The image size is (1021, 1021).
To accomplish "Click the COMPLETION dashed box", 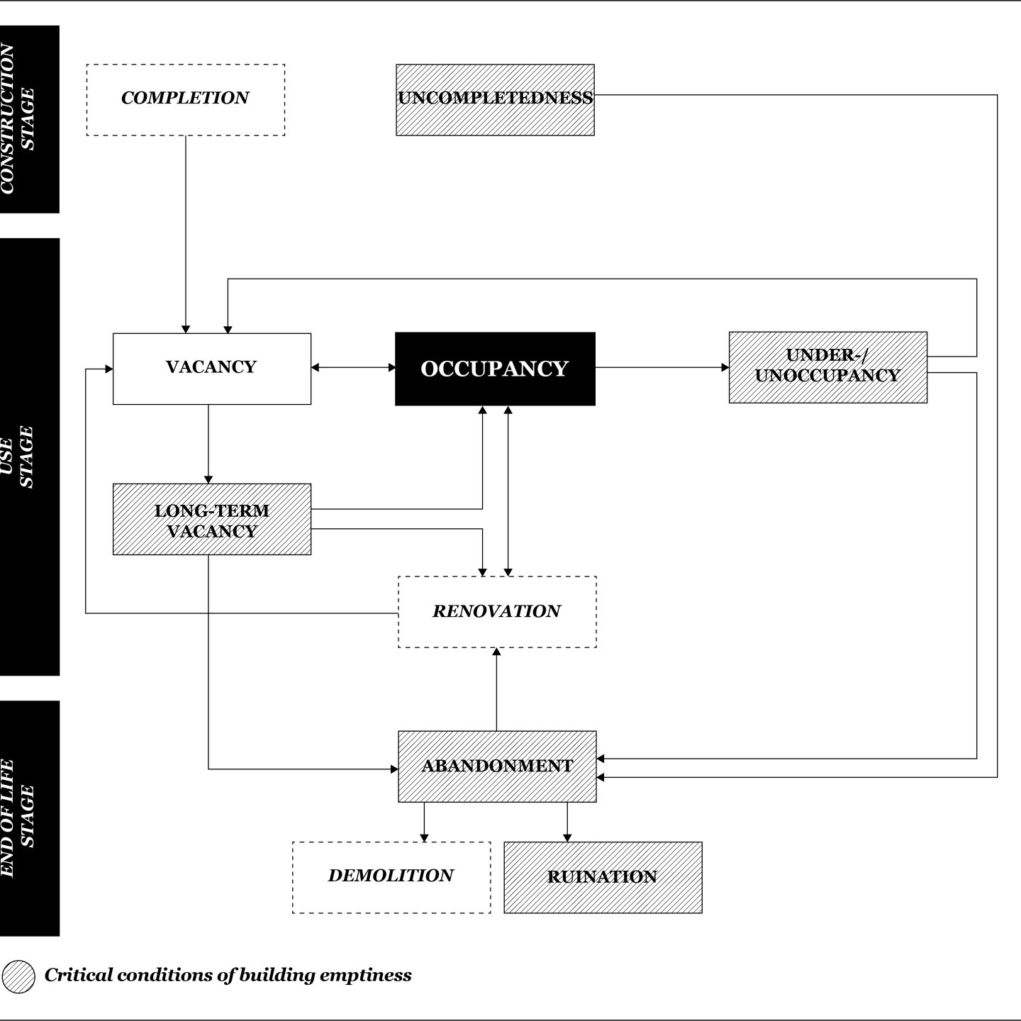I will [185, 99].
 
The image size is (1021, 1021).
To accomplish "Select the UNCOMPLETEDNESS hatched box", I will [495, 99].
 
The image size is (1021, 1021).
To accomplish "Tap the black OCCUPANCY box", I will [495, 369].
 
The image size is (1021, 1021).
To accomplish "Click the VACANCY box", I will [211, 369].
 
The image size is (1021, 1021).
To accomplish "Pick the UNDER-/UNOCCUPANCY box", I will [827, 367].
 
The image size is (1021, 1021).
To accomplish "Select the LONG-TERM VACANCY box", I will [211, 520].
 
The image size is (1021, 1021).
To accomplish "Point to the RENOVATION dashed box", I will [496, 611].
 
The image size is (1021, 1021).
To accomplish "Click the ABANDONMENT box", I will [496, 766].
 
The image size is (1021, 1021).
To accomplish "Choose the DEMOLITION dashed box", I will [391, 877].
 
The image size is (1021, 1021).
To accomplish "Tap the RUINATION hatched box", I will [603, 877].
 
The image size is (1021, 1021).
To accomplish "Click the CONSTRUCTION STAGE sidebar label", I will [28, 119].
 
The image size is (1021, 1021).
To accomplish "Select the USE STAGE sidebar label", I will [28, 457].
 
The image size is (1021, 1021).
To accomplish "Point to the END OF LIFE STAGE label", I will [28, 818].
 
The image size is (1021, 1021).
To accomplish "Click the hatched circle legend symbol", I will [18, 977].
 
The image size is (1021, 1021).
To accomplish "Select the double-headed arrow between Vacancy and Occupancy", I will [353, 367].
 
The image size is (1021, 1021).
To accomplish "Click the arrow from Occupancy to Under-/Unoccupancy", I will [662, 367].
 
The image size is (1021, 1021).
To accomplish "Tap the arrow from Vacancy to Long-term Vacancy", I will [208, 444].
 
